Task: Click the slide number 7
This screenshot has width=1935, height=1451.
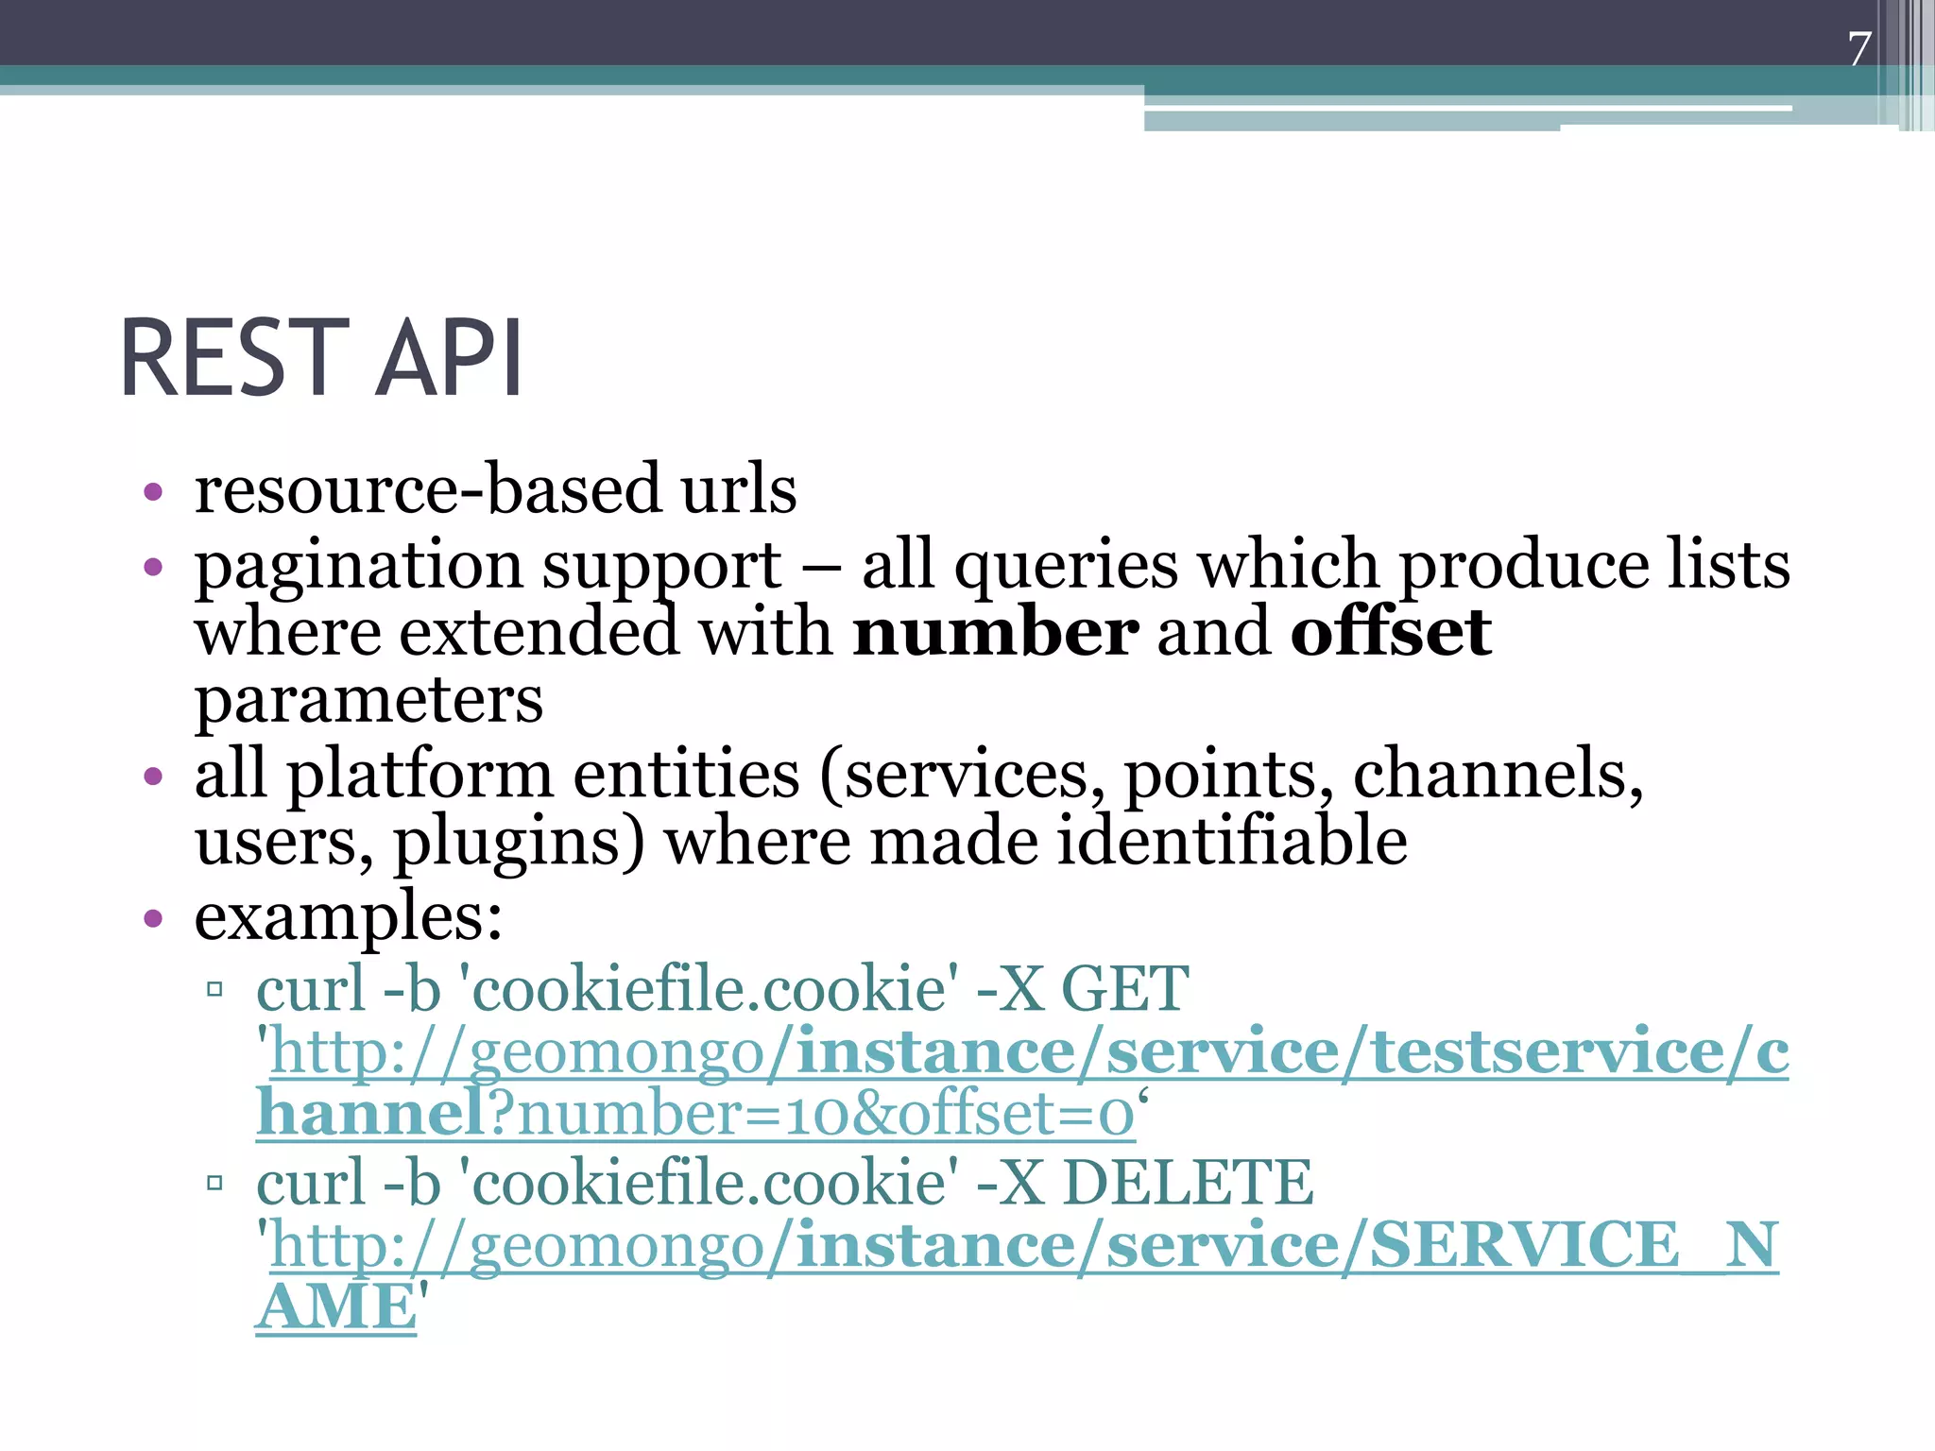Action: [1859, 49]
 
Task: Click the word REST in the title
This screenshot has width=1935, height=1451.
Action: [234, 359]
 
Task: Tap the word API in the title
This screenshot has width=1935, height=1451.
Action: [449, 359]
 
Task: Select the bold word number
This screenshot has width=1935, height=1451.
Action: [995, 632]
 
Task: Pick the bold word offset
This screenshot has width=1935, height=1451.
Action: [1391, 632]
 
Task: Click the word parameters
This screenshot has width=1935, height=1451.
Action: [368, 701]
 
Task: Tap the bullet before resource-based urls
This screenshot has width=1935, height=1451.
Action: [153, 492]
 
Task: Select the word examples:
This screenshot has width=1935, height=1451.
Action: [348, 917]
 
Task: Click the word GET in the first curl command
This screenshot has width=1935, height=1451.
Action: [1124, 989]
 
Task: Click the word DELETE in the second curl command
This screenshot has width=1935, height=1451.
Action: [1188, 1182]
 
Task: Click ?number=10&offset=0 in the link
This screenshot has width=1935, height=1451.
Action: [813, 1115]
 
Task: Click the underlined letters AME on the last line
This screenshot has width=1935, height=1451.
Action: [336, 1308]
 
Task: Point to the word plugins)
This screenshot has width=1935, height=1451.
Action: [518, 841]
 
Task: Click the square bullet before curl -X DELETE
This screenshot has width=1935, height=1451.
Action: [214, 1183]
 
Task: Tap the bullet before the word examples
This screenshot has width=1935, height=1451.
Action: [153, 919]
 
